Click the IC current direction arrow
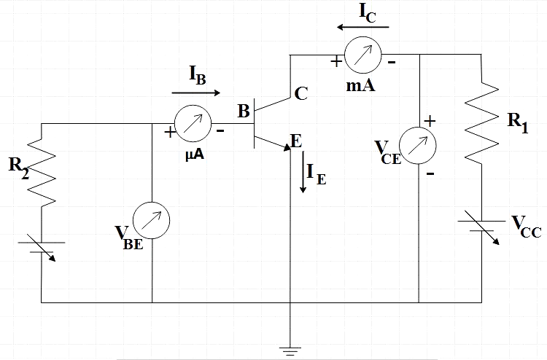click(363, 28)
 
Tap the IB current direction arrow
click(196, 93)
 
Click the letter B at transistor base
click(243, 111)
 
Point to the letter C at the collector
click(300, 93)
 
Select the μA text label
click(193, 154)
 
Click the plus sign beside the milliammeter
click(336, 62)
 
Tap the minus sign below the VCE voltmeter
click(430, 173)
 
